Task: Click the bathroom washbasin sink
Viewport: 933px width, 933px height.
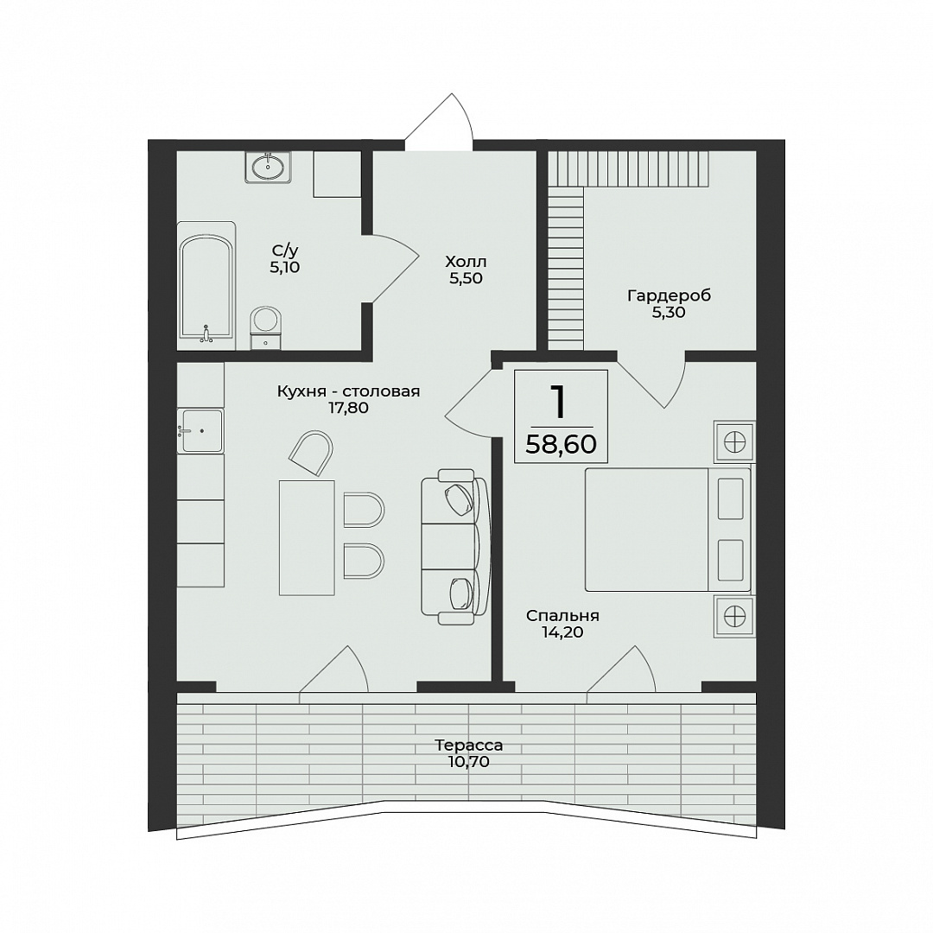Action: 268,167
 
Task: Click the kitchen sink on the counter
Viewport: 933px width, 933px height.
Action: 201,431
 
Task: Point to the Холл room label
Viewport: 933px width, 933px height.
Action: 466,261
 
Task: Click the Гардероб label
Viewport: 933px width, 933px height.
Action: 669,295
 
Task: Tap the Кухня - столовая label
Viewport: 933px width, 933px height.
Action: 349,391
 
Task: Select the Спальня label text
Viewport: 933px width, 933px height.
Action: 562,616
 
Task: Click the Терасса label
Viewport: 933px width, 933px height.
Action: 469,745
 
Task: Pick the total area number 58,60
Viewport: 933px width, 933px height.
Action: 562,444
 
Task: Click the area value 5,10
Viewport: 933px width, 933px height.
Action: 284,268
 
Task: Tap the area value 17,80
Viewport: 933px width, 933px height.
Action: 349,408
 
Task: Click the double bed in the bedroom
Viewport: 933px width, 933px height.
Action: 668,530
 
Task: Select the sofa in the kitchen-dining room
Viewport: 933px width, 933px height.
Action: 454,547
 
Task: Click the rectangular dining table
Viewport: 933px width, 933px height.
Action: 307,537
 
